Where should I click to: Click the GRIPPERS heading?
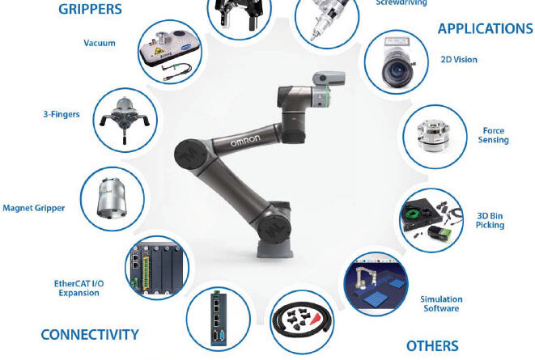click(x=90, y=9)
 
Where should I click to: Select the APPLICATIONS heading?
click(x=485, y=28)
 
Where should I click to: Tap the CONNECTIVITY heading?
click(x=90, y=335)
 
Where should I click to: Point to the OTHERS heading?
click(x=432, y=346)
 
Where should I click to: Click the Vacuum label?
click(x=100, y=43)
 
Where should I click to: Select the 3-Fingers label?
click(x=62, y=114)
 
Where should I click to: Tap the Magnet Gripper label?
click(x=33, y=208)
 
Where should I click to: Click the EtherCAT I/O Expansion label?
click(x=79, y=288)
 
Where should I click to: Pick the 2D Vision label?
click(x=459, y=60)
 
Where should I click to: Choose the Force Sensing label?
click(x=494, y=135)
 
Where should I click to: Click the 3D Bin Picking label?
click(x=490, y=220)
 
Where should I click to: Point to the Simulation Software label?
click(x=441, y=303)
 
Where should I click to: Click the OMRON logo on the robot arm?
click(x=245, y=140)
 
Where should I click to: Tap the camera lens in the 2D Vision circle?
click(x=396, y=70)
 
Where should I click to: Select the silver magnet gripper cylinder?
click(x=113, y=197)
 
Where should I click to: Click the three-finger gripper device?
click(x=125, y=118)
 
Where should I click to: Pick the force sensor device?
click(x=433, y=136)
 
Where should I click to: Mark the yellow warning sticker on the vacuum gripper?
click(x=158, y=52)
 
